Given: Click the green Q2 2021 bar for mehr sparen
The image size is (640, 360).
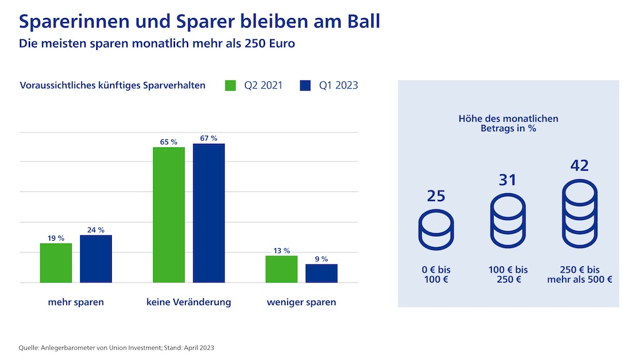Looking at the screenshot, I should click(56, 262).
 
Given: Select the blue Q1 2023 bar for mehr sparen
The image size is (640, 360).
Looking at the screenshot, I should click(96, 259).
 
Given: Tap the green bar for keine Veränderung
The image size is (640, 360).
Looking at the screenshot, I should click(169, 214).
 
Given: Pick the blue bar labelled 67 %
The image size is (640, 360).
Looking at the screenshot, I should click(209, 213).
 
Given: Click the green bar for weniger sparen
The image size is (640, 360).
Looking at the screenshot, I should click(281, 269).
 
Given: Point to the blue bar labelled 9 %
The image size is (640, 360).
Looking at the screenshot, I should click(321, 273).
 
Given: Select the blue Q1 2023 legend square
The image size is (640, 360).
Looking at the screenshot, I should click(305, 85).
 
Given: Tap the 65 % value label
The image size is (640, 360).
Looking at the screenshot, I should click(169, 142).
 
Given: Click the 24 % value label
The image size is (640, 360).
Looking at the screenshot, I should click(96, 229).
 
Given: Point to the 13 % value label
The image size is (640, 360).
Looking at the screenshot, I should click(281, 251).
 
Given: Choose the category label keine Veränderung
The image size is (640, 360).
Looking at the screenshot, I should click(189, 302).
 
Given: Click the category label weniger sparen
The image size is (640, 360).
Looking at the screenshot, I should click(301, 302).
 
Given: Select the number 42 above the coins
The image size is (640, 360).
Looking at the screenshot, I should click(579, 166).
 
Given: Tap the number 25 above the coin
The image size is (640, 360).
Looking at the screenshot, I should click(436, 196).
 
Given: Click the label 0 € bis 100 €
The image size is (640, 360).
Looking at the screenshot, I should click(436, 274).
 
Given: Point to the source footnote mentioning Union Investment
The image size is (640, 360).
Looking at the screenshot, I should click(117, 347).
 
